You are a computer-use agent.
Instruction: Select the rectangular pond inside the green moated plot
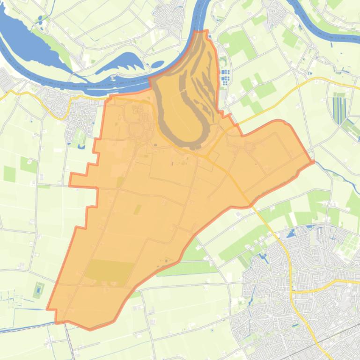38,289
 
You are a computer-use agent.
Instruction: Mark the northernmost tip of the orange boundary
205,31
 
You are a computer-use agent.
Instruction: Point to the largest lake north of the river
28,40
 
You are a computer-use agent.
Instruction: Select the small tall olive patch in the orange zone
137,209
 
